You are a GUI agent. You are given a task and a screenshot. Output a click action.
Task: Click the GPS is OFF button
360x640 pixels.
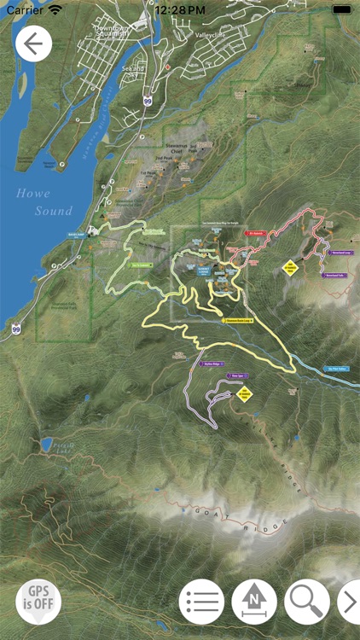[38, 602]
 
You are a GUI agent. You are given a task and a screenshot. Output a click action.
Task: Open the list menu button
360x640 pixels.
[201, 602]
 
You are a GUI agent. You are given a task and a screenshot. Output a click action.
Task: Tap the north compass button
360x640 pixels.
[254, 602]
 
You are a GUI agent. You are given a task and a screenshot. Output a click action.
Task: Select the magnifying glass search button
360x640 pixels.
[307, 602]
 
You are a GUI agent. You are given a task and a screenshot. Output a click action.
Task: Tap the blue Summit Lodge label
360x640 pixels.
[206, 268]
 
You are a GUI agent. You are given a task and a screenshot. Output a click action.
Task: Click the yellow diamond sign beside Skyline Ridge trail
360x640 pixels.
[245, 393]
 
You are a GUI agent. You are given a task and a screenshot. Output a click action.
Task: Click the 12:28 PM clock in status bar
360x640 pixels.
[180, 9]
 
